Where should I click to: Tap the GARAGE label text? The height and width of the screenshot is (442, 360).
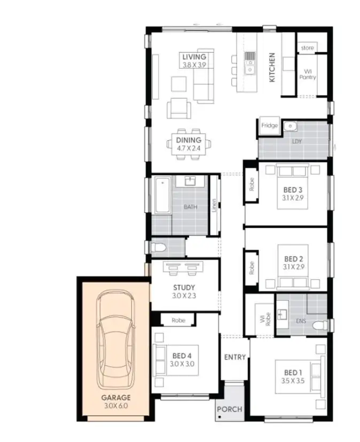116,398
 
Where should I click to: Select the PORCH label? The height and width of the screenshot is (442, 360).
229,409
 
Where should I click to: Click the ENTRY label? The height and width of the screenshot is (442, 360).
234,357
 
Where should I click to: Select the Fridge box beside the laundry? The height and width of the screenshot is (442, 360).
269,125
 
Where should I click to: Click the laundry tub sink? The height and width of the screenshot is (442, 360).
290,126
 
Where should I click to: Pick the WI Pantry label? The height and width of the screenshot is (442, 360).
307,74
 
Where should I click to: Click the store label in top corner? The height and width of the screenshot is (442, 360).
307,48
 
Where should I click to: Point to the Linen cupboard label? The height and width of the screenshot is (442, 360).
214,206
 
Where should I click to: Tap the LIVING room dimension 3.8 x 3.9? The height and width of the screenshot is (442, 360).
193,65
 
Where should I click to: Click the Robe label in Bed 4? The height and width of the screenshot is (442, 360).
178,320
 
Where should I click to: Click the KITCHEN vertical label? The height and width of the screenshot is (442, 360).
272,67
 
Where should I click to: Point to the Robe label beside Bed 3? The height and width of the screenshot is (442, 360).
252,184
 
